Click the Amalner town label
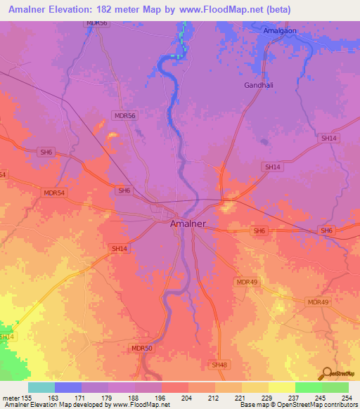point(189,223)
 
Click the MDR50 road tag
point(141,348)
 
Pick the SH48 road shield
point(220,365)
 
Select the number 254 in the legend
point(347,397)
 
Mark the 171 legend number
point(81,397)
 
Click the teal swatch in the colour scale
point(41,387)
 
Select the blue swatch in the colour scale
point(68,387)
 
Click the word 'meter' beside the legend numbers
point(10,397)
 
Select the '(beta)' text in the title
point(276,10)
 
